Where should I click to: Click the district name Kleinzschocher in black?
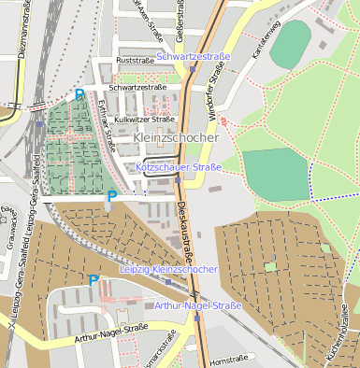coord(176,137)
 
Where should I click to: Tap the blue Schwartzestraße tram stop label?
coord(194,57)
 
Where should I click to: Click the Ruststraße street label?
coord(134,61)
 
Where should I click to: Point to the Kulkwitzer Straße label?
coord(144,120)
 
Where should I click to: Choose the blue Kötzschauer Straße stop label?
coord(178,167)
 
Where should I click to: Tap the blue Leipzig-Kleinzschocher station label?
coord(169,269)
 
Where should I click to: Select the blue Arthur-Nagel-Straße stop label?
coord(198,305)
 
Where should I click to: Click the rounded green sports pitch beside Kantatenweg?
coord(290,43)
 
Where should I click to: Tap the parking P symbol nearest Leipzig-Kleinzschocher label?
coord(94,279)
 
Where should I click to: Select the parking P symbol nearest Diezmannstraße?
coord(79,94)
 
